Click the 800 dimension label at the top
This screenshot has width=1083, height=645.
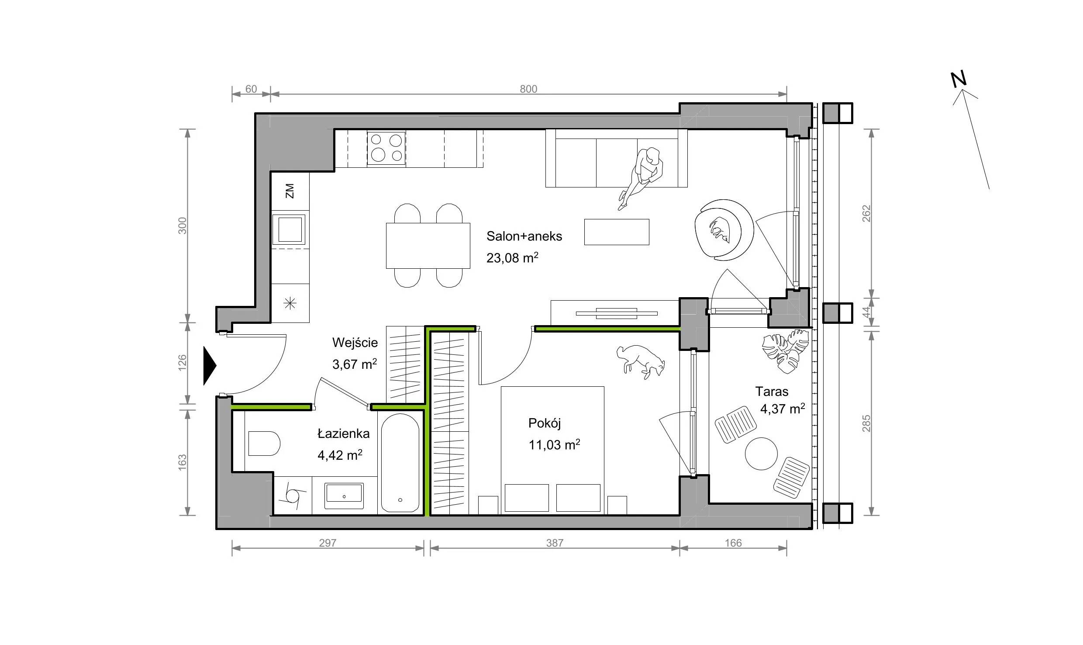pos(528,89)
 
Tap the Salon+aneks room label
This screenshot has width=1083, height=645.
pos(524,236)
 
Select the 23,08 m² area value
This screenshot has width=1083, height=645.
pos(512,257)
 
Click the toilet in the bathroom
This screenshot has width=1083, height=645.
pos(264,444)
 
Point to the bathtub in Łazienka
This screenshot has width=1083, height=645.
pos(400,464)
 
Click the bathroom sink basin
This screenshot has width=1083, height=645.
pos(344,496)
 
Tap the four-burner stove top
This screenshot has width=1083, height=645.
pos(386,148)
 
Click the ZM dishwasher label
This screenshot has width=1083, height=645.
pos(290,191)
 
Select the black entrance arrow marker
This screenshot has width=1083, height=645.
pos(210,366)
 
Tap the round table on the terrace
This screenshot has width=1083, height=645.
pos(761,454)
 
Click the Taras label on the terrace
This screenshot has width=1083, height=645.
pos(772,391)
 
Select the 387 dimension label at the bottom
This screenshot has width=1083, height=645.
pos(555,543)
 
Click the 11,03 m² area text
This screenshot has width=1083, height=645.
pos(554,445)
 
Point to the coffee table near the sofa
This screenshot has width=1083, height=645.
pos(617,232)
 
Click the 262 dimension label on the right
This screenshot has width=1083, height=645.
pos(866,213)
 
